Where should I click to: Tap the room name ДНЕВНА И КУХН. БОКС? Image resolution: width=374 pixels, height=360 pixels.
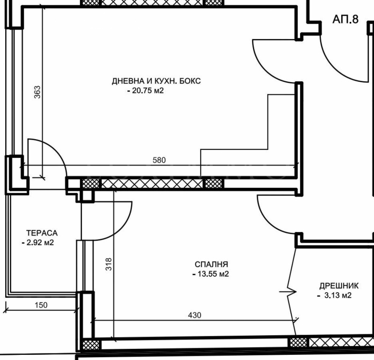click(x=156, y=81)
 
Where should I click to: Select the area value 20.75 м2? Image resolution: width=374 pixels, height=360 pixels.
click(x=146, y=92)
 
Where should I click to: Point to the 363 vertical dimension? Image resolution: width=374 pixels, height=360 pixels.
click(x=38, y=92)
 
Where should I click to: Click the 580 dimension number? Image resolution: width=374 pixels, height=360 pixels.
click(x=159, y=160)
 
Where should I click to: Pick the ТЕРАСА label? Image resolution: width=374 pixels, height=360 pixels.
click(x=42, y=233)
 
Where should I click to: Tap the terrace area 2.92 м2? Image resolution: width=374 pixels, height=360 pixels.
click(x=39, y=243)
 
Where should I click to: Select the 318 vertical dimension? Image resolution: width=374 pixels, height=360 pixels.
click(x=109, y=265)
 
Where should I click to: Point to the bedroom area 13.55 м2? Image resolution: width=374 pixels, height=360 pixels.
click(x=211, y=274)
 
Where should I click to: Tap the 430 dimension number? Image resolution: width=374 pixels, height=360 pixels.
click(x=194, y=315)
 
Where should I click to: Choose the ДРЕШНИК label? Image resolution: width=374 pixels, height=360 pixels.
click(x=339, y=285)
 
